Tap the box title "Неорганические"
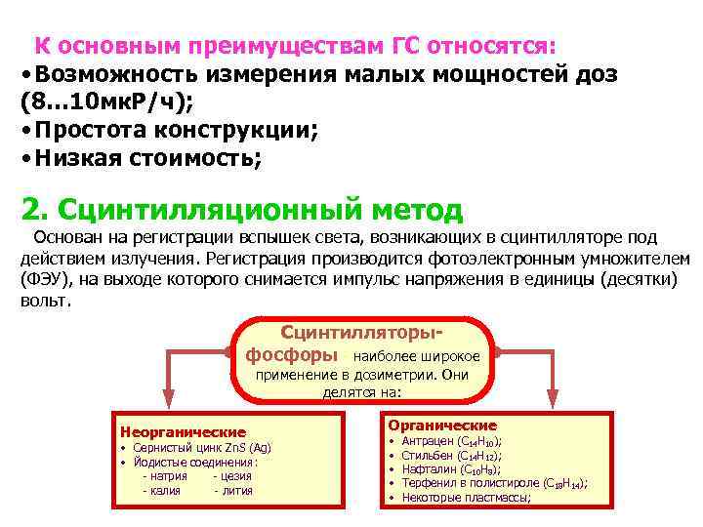click(x=183, y=431)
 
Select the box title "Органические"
click(x=442, y=426)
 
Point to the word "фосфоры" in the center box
click(x=295, y=352)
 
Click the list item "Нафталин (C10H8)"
click(x=449, y=468)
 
